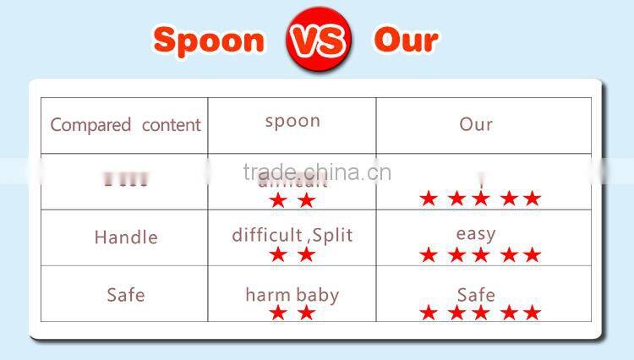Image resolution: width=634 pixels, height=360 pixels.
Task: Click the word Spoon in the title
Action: click(209, 40)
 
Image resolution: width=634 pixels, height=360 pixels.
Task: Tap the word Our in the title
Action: click(406, 40)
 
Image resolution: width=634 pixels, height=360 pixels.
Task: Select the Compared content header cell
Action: click(125, 125)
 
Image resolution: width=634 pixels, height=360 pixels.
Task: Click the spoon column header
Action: click(292, 120)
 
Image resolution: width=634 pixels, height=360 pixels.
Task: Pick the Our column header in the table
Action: click(476, 124)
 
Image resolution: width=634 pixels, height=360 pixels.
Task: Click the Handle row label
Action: click(125, 237)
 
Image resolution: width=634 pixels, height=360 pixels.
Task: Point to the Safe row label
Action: click(125, 294)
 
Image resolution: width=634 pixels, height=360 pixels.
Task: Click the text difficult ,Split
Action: click(292, 234)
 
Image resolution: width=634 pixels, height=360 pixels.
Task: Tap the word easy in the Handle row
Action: click(475, 233)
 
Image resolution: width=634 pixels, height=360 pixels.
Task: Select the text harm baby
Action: click(292, 294)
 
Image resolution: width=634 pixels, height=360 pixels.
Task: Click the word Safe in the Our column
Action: click(475, 294)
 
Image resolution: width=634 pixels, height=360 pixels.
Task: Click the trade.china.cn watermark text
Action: click(316, 172)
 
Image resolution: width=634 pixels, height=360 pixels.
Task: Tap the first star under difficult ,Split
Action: click(277, 255)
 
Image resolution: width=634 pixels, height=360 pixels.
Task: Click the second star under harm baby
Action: click(306, 314)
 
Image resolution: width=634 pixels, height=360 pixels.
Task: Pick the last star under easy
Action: click(532, 255)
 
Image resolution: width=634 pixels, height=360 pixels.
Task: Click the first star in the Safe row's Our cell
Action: click(429, 314)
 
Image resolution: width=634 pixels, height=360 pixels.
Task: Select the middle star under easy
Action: click(481, 255)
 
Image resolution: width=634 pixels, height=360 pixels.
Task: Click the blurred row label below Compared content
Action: click(125, 179)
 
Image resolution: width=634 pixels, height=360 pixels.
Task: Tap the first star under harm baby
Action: click(277, 314)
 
